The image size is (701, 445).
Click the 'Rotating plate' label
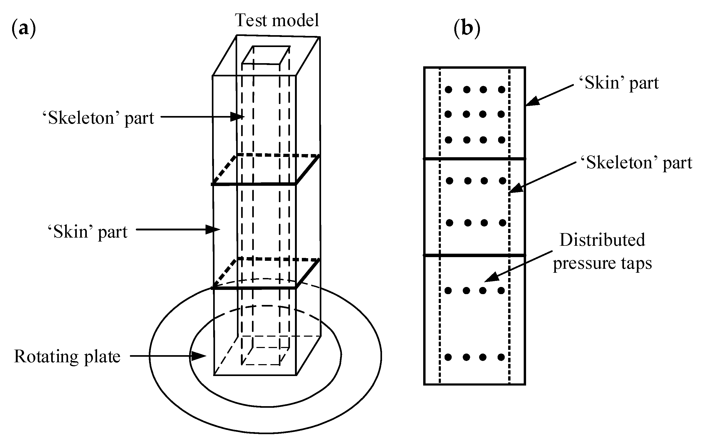tap(67, 356)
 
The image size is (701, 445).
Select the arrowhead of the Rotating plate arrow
tap(199, 356)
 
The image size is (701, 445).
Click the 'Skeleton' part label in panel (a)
tap(98, 118)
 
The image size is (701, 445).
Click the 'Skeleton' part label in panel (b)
tap(636, 163)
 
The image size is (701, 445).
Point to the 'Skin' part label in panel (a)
tap(87, 232)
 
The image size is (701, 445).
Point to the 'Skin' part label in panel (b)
tap(619, 83)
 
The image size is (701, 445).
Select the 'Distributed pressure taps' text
tap(602, 251)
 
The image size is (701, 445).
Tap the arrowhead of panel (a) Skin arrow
tap(213, 229)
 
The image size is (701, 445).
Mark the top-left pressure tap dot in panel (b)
tap(449, 90)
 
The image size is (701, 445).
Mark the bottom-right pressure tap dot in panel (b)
tap(501, 357)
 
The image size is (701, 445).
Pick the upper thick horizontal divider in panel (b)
tap(475, 159)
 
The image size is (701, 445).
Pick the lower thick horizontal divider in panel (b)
tap(475, 256)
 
